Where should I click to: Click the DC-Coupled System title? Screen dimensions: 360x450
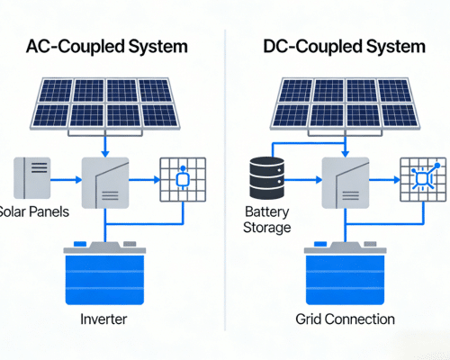point(345,46)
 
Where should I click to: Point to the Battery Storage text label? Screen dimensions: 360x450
point(267,220)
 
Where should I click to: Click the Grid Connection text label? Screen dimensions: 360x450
point(345,319)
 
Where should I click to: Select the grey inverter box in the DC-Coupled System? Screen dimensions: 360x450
point(345,180)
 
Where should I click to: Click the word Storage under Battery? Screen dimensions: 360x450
point(267,228)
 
